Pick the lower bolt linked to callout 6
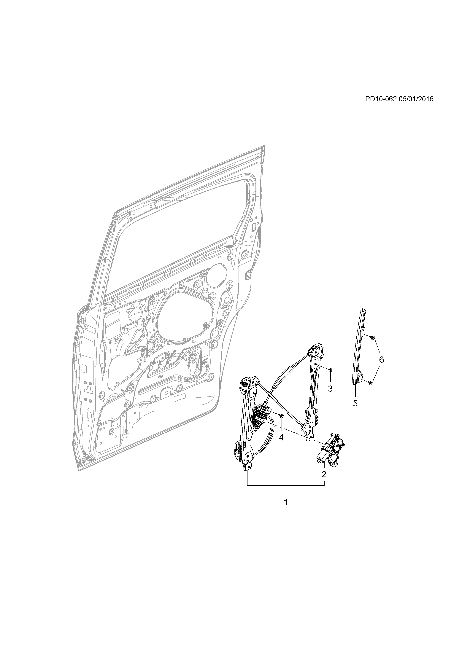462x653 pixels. [370, 383]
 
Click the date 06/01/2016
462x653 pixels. [416, 99]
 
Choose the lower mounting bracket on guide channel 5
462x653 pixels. [361, 376]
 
